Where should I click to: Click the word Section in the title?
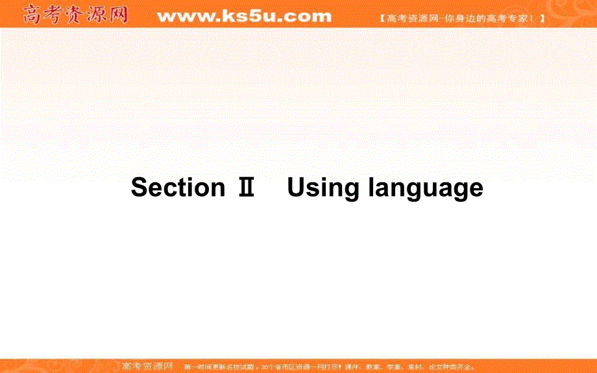point(178,187)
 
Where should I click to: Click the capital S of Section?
point(139,187)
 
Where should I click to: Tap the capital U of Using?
point(296,187)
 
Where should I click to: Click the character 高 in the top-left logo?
point(33,14)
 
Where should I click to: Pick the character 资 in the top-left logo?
point(75,14)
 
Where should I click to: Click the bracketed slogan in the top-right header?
point(461,19)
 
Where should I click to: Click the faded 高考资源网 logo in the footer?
point(143,366)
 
